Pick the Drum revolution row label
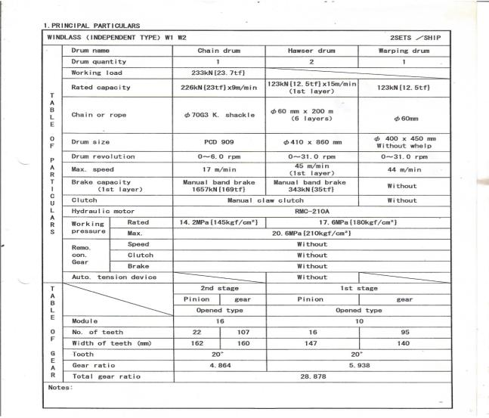click(x=104, y=156)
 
